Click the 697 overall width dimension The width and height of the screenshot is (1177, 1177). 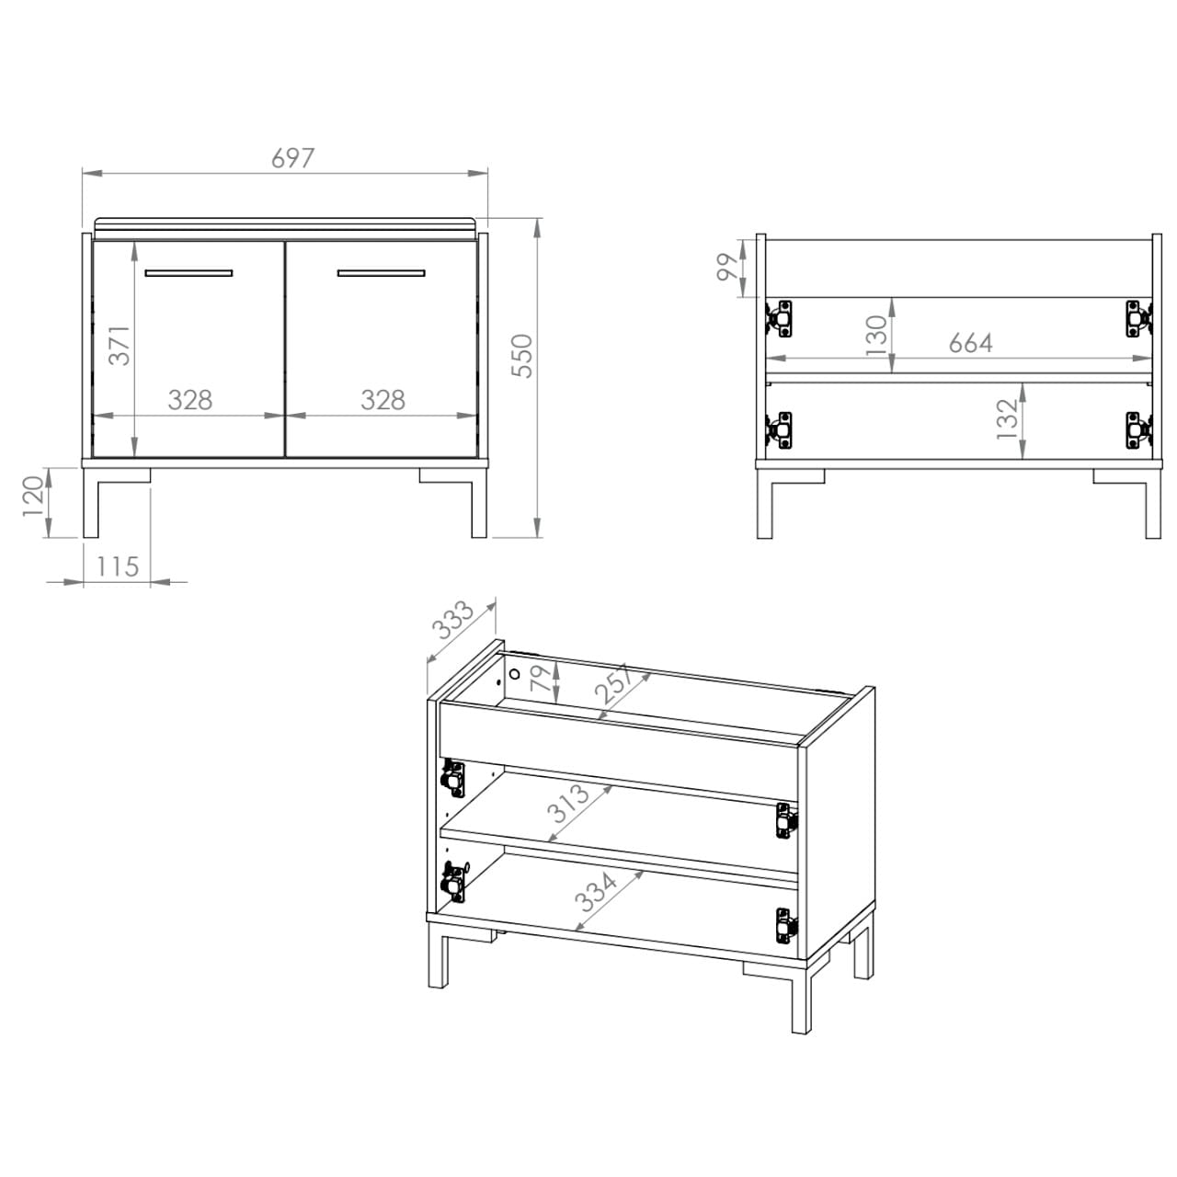(x=292, y=158)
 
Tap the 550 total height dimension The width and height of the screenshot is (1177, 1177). (x=522, y=356)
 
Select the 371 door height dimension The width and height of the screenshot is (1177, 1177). (x=120, y=345)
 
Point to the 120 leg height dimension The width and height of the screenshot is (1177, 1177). (x=34, y=496)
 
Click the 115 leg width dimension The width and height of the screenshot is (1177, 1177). (x=118, y=566)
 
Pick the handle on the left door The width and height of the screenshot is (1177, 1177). (x=189, y=272)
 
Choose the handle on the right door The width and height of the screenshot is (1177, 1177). (x=381, y=272)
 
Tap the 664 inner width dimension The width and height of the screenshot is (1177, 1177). (x=970, y=343)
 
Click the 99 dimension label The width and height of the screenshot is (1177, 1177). (x=727, y=268)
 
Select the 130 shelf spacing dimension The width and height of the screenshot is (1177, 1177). (x=876, y=336)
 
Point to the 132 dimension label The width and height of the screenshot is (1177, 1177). (x=1007, y=418)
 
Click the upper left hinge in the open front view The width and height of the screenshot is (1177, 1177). (x=780, y=317)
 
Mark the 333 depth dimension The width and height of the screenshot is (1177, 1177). (x=452, y=621)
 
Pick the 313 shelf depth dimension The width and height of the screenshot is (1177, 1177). (x=568, y=802)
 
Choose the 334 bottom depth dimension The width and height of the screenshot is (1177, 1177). (x=596, y=891)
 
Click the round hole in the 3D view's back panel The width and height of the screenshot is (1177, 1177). (x=514, y=674)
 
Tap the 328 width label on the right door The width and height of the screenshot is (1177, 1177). (x=383, y=400)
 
